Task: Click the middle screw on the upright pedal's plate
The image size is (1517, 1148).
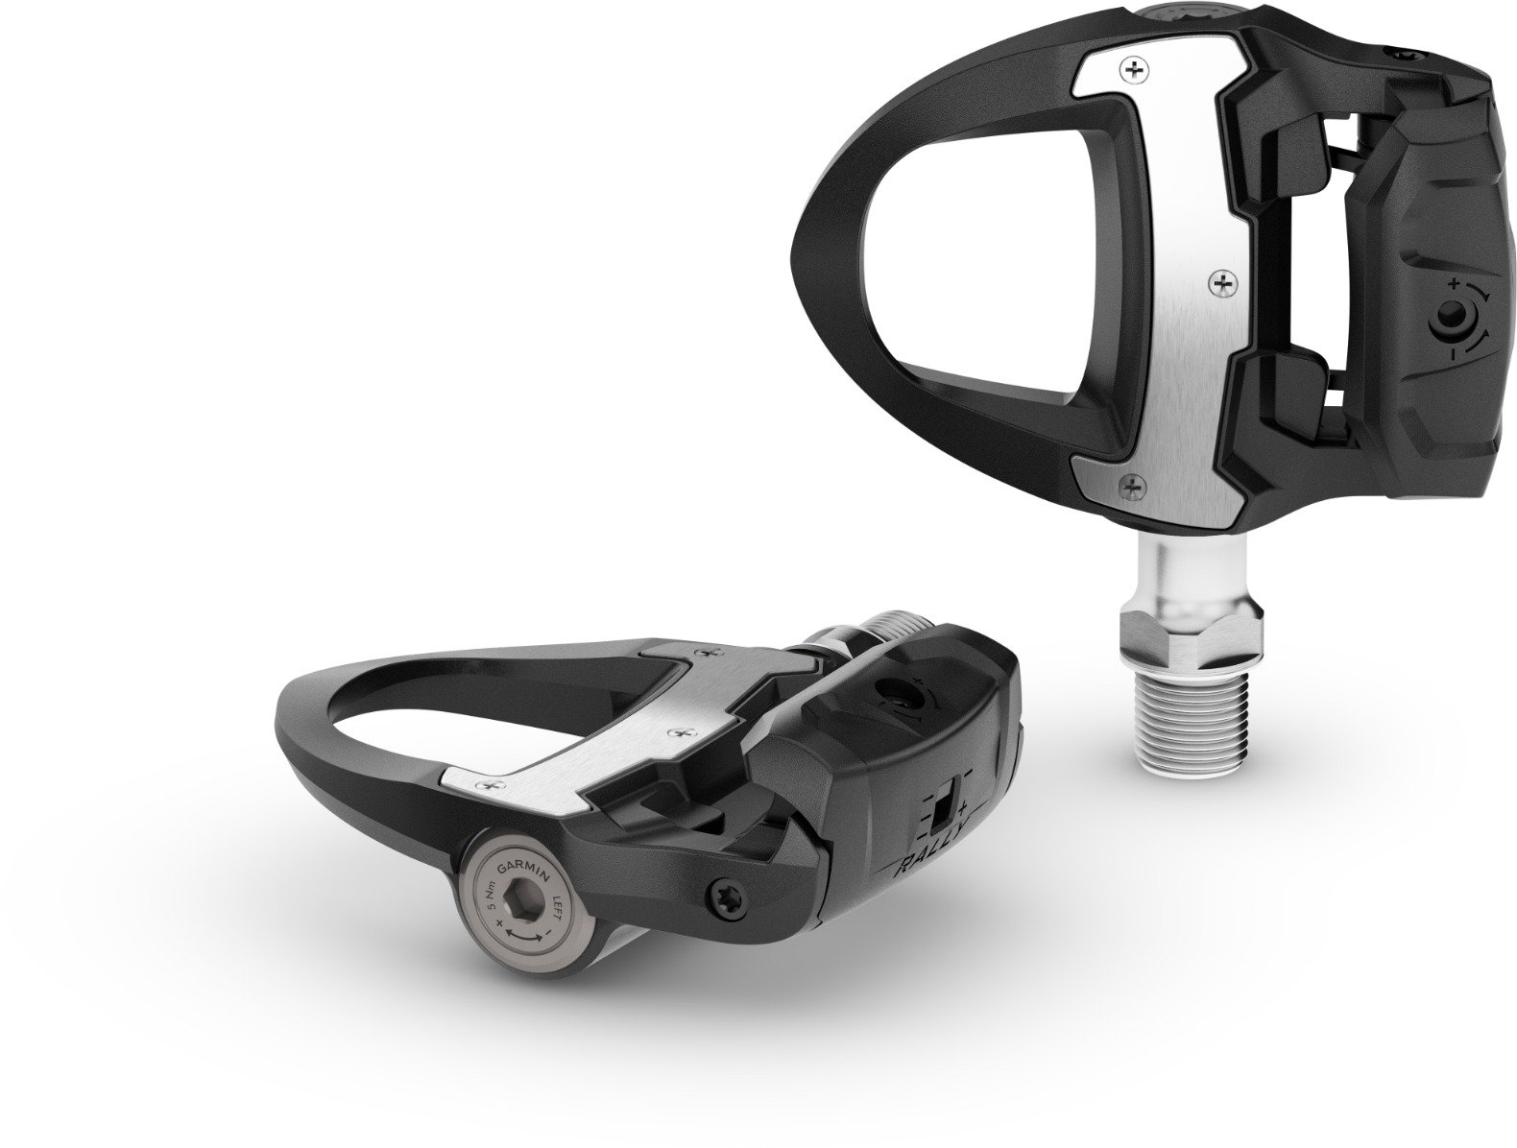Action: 1222,283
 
